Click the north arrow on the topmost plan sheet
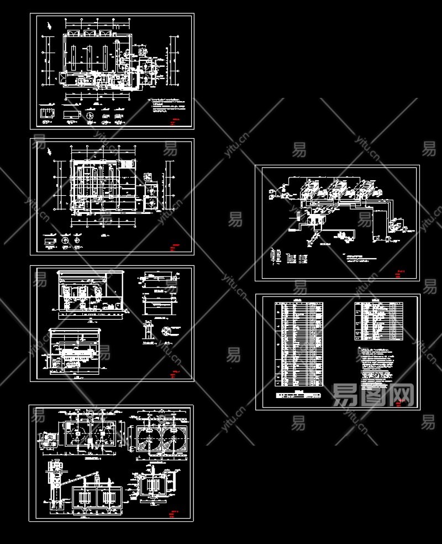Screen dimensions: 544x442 pyautogui.click(x=51, y=25)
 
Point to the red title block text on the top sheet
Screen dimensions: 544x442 pyautogui.click(x=176, y=121)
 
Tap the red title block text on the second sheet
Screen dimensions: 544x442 pyautogui.click(x=176, y=247)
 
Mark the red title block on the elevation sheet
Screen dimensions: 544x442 pyautogui.click(x=176, y=373)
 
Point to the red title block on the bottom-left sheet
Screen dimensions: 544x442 pyautogui.click(x=176, y=512)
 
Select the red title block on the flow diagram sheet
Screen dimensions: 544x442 pyautogui.click(x=401, y=272)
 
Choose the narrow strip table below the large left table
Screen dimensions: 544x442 pyautogui.click(x=299, y=395)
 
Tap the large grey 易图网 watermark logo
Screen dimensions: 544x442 pyautogui.click(x=373, y=395)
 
